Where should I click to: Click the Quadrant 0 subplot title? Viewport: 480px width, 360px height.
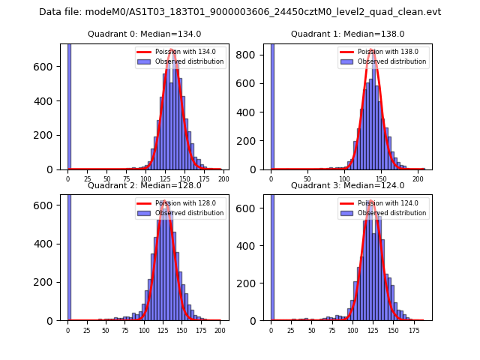coord(144,34)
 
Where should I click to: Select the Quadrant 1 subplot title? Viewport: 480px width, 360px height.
coord(347,34)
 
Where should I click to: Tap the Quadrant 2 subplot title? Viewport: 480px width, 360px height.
coord(144,185)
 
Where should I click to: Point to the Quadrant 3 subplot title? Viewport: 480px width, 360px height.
coord(347,185)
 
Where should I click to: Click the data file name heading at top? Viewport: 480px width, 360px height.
coord(240,12)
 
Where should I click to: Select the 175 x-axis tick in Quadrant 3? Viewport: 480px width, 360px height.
coord(413,329)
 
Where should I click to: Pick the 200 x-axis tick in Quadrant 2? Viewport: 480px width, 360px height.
coord(219,329)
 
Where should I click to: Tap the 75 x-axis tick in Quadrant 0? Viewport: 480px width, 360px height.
coord(126,178)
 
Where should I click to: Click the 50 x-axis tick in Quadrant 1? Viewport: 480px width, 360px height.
coord(307,178)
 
